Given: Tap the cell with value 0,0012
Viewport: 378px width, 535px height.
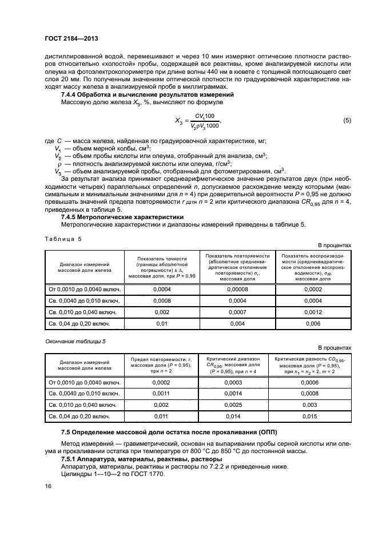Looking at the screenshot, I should point(313,312).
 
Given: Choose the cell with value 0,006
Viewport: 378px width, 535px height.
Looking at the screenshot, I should point(313,324).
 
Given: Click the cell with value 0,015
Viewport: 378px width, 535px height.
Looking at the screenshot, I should point(313,417).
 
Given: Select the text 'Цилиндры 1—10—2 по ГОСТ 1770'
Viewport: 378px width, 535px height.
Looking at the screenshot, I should point(112,474).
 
